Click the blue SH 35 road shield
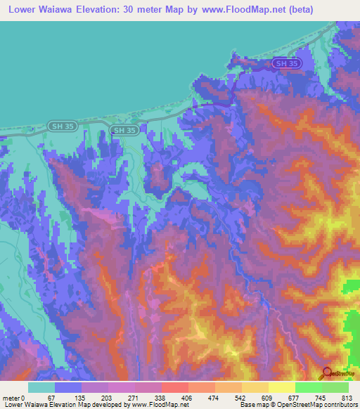[288, 64]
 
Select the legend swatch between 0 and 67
[41, 387]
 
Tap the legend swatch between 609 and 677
[281, 387]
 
